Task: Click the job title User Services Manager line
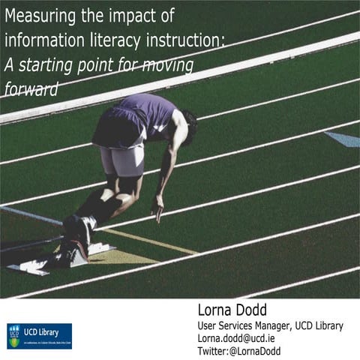tap(270, 325)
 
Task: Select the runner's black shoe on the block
tap(77, 229)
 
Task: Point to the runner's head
tap(188, 125)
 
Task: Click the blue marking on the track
tap(343, 139)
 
